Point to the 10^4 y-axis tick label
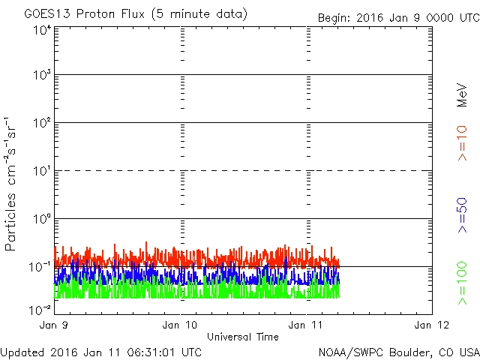[x=41, y=30]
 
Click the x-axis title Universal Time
[x=242, y=337]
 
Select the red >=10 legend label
[x=463, y=142]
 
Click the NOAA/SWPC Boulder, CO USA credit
[x=397, y=351]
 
